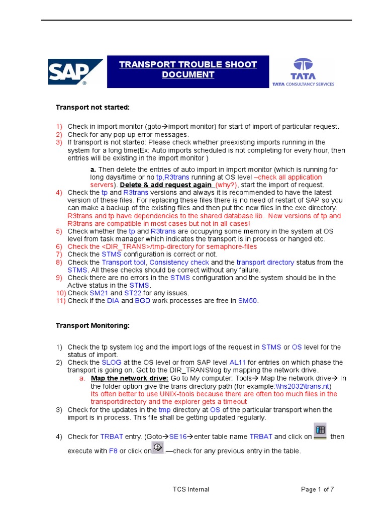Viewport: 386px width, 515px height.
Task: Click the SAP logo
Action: point(75,72)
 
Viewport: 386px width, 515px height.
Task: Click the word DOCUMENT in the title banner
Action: point(188,75)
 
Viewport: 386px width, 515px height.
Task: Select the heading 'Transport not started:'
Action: point(92,107)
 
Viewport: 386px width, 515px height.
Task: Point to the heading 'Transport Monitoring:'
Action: point(92,326)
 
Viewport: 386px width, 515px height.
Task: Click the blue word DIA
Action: point(113,301)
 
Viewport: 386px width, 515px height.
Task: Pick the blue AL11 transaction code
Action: point(237,363)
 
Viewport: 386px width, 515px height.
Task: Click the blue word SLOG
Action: point(111,363)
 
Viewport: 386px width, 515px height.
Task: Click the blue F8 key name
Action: point(113,451)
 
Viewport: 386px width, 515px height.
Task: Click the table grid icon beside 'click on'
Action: point(320,431)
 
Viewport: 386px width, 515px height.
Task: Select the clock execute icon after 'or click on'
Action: point(157,447)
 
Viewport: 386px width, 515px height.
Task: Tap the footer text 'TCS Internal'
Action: point(190,489)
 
